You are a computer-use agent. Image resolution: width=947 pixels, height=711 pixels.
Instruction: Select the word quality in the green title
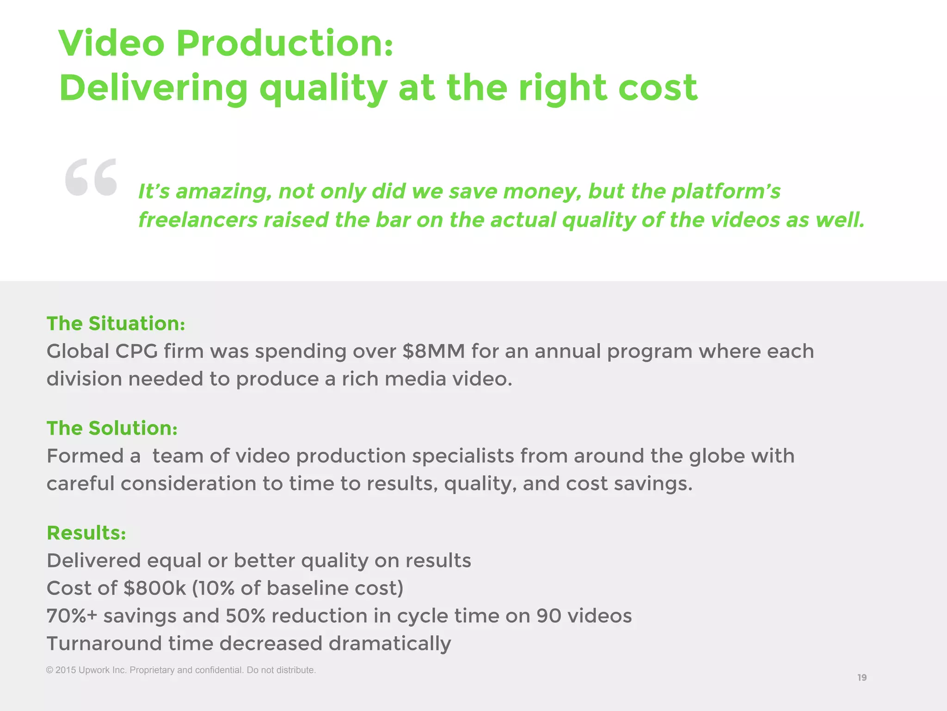[323, 89]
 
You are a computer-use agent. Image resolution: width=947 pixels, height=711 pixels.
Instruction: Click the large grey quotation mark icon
[91, 177]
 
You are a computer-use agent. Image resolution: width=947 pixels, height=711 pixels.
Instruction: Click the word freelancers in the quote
[198, 220]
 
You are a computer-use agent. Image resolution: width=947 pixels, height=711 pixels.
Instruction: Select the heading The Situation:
[116, 324]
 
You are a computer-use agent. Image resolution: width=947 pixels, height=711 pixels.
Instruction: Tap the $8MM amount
[433, 351]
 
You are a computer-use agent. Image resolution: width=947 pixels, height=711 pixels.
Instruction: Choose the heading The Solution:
[112, 428]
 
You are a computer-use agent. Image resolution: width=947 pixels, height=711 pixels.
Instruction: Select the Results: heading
[86, 533]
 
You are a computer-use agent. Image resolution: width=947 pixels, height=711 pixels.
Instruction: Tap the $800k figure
[155, 588]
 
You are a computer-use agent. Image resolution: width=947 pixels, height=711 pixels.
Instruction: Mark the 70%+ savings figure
[72, 616]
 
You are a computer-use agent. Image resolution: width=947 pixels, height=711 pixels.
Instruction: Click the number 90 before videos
[549, 616]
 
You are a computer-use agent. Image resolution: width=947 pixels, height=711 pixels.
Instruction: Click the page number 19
[862, 678]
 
